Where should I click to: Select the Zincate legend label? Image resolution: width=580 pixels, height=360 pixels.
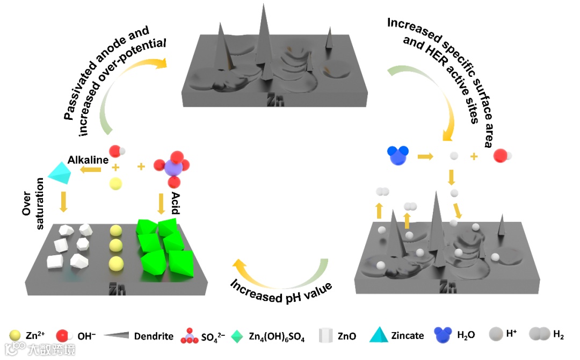pos(408,336)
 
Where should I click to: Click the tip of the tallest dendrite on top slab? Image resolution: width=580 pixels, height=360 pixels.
pos(264,5)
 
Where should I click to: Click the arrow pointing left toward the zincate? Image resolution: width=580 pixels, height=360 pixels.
pos(92,170)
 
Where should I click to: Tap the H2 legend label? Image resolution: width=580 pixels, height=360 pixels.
pos(558,336)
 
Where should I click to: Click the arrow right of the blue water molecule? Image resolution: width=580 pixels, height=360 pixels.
pos(426,156)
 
